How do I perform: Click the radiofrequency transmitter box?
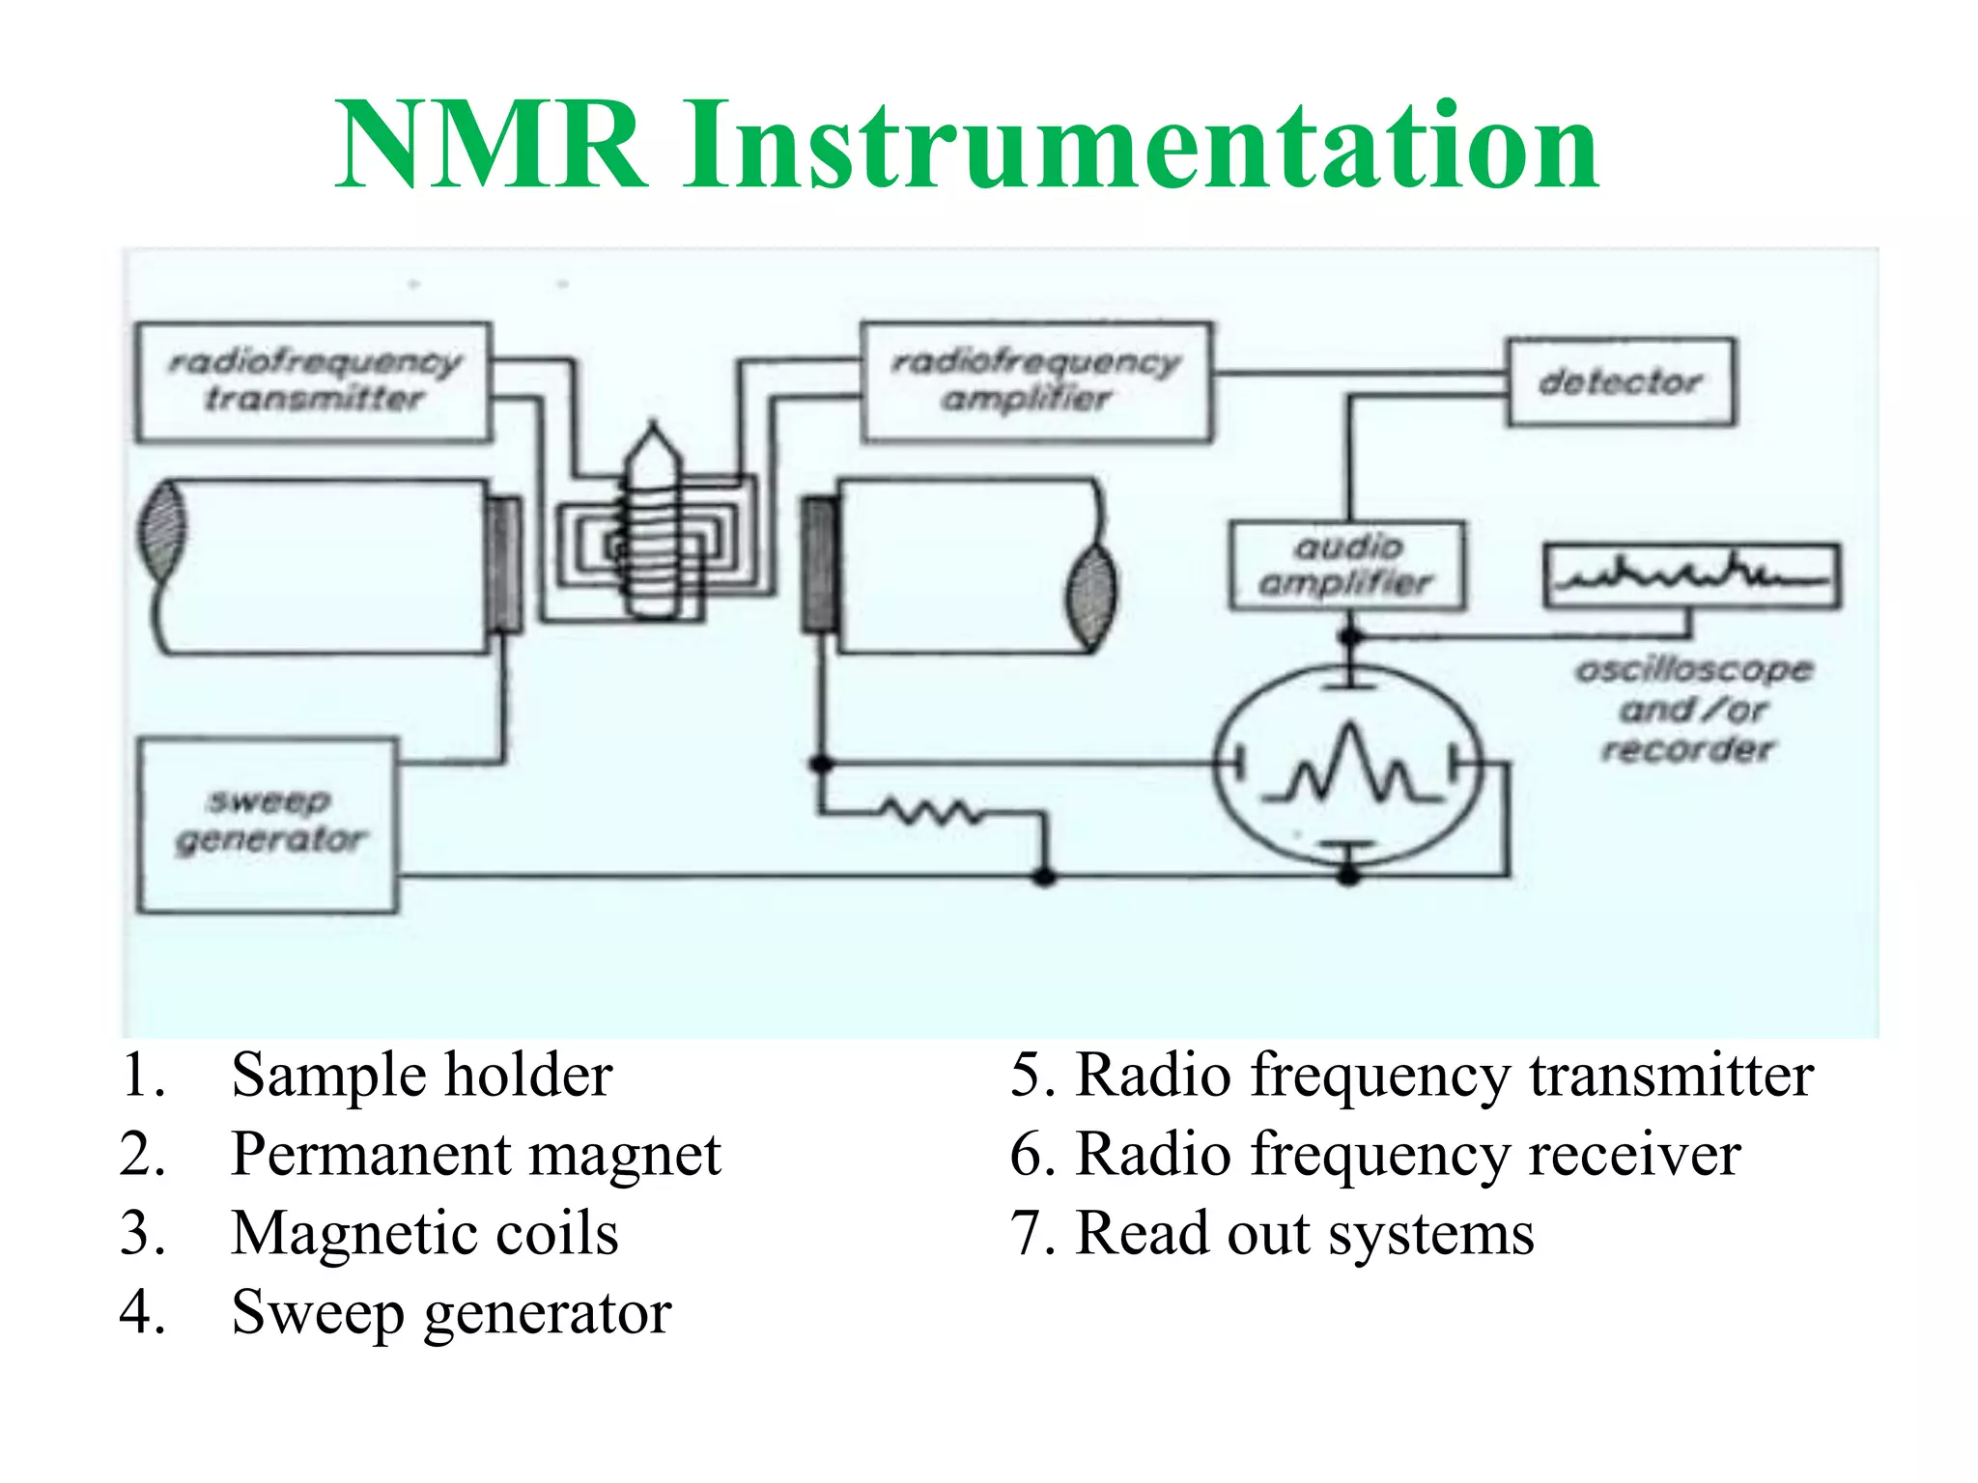313,382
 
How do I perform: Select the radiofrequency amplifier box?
1035,382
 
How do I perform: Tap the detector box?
1621,382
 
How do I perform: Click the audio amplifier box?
1346,566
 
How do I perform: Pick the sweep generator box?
268,825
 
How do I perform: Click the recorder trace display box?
1691,576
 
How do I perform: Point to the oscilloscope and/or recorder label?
1692,709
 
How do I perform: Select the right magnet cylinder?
966,567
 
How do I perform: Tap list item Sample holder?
421,1075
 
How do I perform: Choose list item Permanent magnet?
475,1154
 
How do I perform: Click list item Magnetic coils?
424,1233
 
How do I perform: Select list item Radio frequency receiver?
1408,1154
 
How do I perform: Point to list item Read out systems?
1304,1233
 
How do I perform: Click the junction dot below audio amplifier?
1350,636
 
